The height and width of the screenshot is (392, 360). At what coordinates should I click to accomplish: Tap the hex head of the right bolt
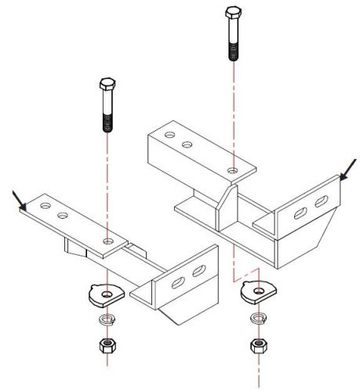point(232,13)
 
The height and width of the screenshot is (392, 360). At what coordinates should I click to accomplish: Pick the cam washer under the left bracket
point(103,294)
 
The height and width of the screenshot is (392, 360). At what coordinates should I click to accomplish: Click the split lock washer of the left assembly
point(104,321)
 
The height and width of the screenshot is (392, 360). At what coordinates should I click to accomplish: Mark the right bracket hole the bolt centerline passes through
point(232,169)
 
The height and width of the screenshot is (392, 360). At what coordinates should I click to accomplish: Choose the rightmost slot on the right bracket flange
point(319,202)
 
